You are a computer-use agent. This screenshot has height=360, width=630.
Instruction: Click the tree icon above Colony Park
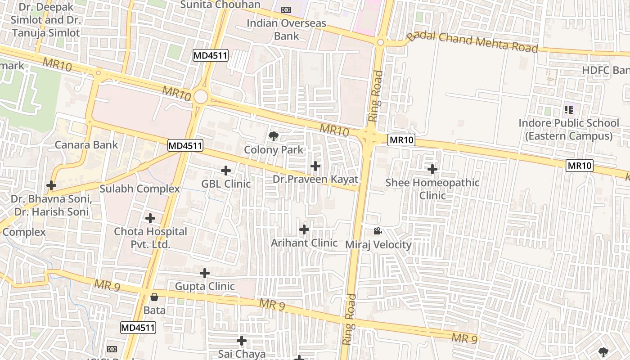pos(273,136)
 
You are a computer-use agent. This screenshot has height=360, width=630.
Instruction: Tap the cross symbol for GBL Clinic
pos(226,171)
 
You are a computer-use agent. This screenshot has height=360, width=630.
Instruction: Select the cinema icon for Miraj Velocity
pos(378,231)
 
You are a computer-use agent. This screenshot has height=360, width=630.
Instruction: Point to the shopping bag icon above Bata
pos(154,297)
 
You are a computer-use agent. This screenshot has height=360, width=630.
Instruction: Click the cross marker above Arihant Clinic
pos(304,229)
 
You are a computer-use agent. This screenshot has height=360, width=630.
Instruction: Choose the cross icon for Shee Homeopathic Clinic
pos(432,169)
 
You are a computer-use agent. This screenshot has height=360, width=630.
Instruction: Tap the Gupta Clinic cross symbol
pos(205,273)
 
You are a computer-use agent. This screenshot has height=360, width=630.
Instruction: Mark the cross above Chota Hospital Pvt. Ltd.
pos(150,218)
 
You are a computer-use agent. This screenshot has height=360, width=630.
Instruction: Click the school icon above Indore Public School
pos(569,109)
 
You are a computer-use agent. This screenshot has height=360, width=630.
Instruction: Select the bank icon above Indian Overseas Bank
pos(286,10)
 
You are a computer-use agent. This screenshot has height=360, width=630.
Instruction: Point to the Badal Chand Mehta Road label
pos(472,43)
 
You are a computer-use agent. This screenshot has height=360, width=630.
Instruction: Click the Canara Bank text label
pos(86,145)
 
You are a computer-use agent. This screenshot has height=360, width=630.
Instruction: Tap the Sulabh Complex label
pos(139,189)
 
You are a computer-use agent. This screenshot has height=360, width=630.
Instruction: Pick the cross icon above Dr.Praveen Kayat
pos(315,166)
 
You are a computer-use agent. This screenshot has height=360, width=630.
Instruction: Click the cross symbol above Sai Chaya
pos(242,341)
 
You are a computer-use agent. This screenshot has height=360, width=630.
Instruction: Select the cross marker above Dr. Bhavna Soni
pos(51,185)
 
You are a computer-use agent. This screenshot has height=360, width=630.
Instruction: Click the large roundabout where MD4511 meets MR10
pos(201,97)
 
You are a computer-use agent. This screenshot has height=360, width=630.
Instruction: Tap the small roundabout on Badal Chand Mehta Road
pos(381,42)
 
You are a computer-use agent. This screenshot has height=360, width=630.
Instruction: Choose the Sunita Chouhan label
pos(220,4)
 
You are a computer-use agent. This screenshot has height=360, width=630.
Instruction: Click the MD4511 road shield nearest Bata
pos(138,328)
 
